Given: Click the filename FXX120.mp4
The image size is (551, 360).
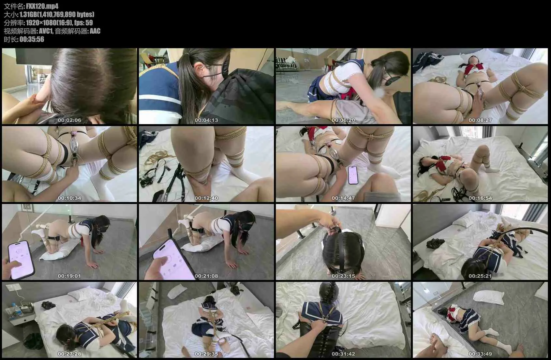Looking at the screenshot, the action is click(42, 6).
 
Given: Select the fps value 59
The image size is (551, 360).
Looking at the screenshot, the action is click(89, 22).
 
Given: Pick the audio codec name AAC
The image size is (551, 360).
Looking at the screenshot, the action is click(95, 31).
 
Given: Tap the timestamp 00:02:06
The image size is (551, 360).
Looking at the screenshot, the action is click(69, 120).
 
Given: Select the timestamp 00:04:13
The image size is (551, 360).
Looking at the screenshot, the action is click(206, 120).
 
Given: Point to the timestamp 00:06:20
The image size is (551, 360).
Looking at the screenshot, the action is click(343, 120).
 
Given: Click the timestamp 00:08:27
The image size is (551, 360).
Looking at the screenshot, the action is click(480, 120).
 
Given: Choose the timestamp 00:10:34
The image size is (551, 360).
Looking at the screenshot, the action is click(69, 198).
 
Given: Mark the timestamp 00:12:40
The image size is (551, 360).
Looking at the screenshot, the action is click(206, 198).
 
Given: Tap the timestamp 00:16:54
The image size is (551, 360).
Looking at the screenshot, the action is click(480, 198).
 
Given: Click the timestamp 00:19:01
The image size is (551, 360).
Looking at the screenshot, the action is click(69, 276).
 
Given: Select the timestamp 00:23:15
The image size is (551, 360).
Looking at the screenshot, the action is click(343, 276).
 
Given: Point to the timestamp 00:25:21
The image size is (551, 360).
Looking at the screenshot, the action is click(480, 276).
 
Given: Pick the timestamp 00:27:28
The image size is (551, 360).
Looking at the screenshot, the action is click(69, 354).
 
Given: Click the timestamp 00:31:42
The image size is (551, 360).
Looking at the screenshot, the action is click(343, 354).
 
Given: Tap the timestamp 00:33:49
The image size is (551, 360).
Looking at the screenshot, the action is click(480, 354).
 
